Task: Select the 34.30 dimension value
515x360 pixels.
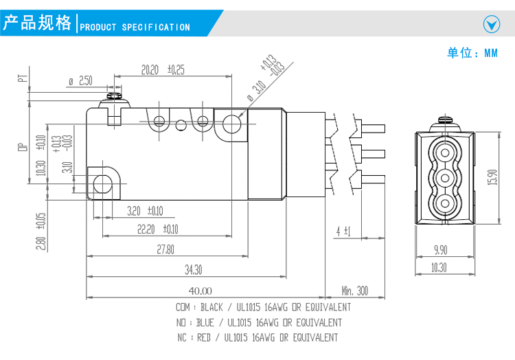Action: (x=193, y=269)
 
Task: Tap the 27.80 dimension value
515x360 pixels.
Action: (x=165, y=249)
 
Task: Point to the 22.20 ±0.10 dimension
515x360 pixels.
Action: (x=157, y=229)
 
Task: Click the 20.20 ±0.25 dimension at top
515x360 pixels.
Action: (x=163, y=69)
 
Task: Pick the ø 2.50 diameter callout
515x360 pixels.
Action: (x=80, y=81)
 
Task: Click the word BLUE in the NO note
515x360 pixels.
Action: (x=205, y=322)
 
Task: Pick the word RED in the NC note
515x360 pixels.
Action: (x=203, y=337)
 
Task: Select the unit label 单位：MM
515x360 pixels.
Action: (x=472, y=53)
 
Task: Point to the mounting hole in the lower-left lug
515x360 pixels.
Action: (x=103, y=183)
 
